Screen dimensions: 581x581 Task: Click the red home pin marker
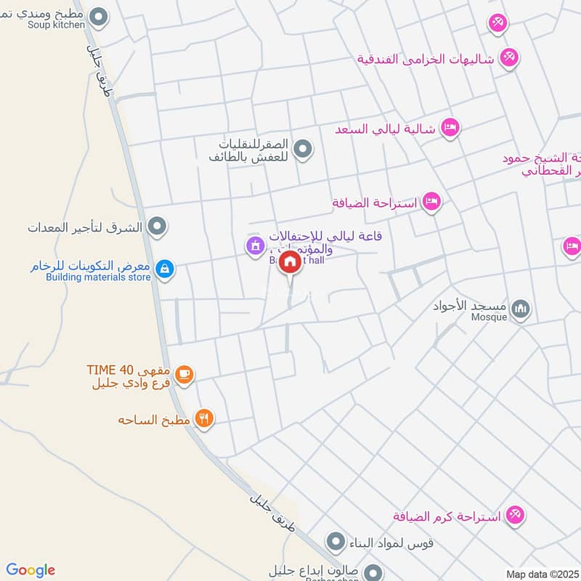click(x=290, y=262)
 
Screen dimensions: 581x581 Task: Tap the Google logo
click(x=31, y=570)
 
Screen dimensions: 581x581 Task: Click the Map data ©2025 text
click(x=543, y=574)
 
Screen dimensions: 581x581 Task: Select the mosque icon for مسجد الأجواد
click(x=521, y=310)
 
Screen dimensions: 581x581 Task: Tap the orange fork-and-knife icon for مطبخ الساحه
click(x=205, y=418)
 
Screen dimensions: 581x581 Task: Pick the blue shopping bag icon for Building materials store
click(x=166, y=269)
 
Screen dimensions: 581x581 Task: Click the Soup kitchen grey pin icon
click(x=100, y=15)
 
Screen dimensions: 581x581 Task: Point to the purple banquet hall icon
click(x=253, y=246)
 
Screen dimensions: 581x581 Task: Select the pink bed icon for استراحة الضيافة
click(x=432, y=201)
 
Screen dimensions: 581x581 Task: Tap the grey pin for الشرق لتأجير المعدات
click(x=156, y=228)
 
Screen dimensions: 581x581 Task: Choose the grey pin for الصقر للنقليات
click(x=306, y=150)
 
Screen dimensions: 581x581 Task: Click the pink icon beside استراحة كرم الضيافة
click(x=516, y=515)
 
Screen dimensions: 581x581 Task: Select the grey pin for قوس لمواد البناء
click(x=335, y=541)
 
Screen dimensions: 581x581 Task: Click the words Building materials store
click(x=98, y=277)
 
